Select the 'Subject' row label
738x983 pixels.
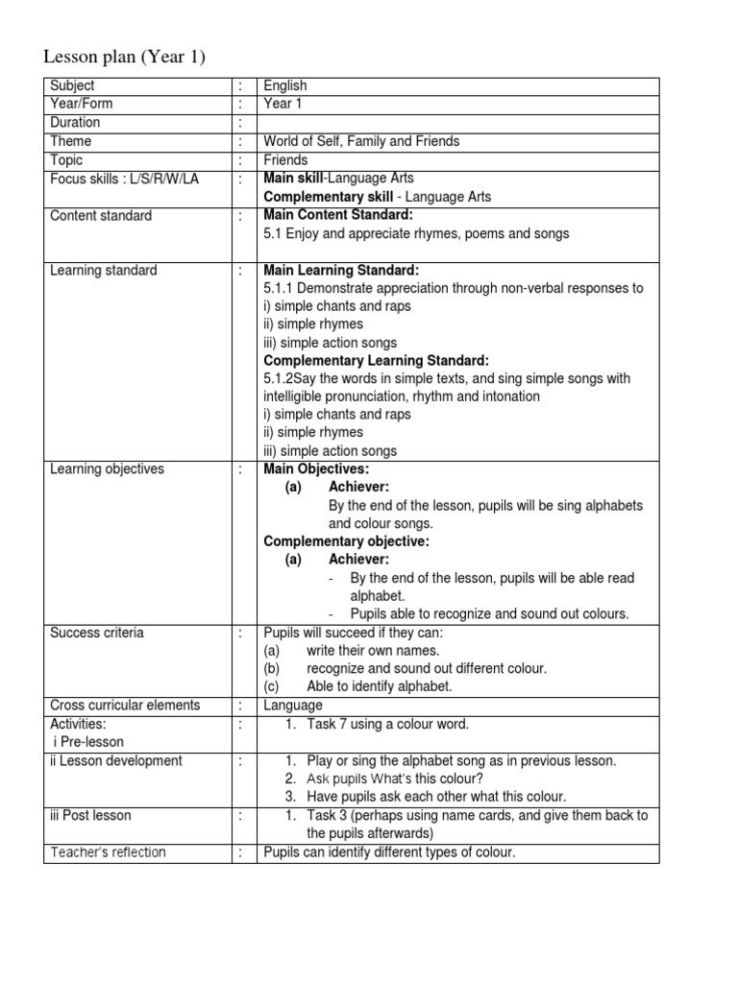tap(72, 86)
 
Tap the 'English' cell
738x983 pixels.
tap(285, 86)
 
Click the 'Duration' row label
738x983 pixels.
tap(75, 123)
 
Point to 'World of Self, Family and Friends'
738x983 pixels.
tap(361, 141)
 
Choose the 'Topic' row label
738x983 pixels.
tap(66, 160)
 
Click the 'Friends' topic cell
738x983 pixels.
tap(285, 160)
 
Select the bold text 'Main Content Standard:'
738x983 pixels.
tap(337, 215)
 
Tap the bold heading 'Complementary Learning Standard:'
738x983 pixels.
tap(377, 360)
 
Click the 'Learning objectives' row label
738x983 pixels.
tap(107, 469)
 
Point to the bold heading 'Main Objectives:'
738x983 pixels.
tap(316, 469)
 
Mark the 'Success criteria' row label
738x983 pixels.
tap(97, 633)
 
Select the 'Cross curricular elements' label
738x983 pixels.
tap(125, 705)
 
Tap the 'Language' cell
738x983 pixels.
tap(293, 706)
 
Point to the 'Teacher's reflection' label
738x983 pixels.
tap(109, 852)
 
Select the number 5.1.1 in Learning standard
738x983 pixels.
tap(280, 288)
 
